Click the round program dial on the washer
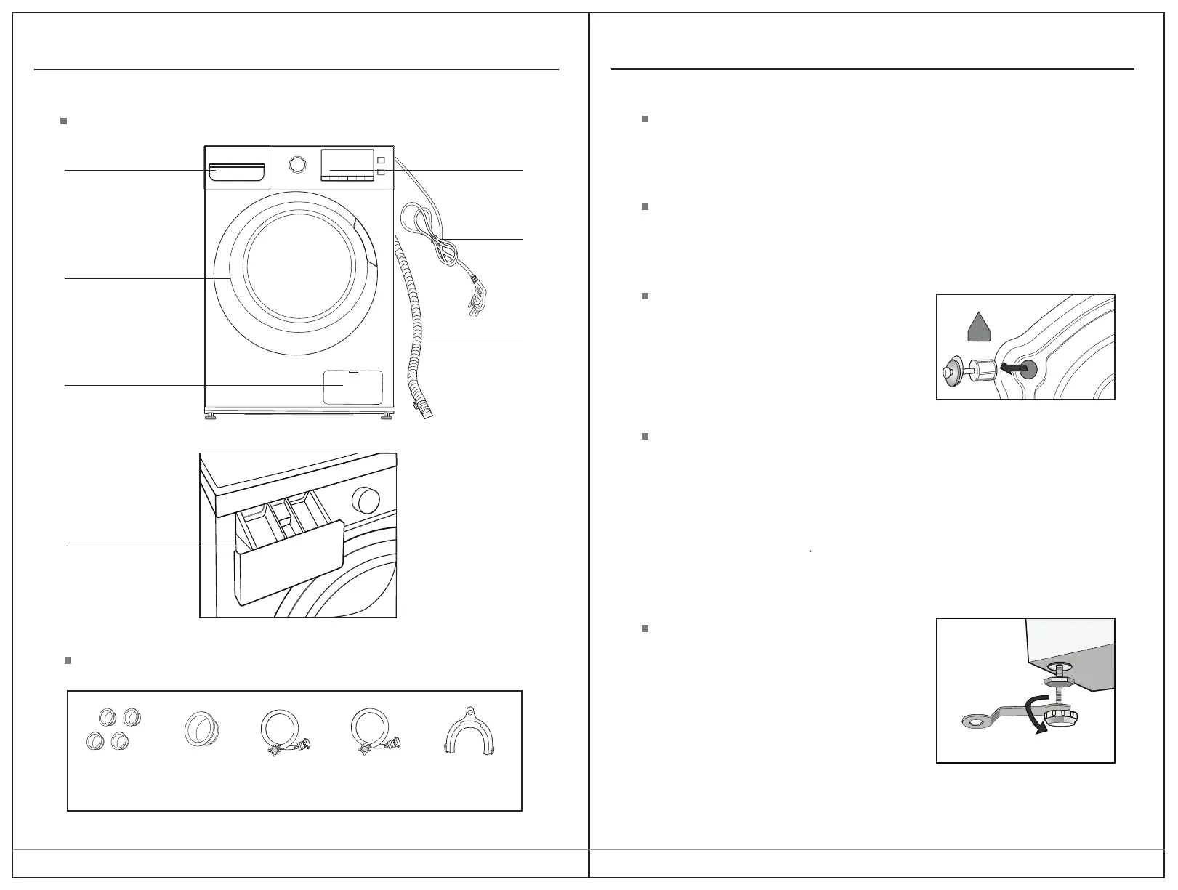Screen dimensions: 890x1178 pyautogui.click(x=297, y=164)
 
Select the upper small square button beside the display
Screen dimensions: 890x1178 pyautogui.click(x=380, y=159)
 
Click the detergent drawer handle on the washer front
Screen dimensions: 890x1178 pyautogui.click(x=235, y=173)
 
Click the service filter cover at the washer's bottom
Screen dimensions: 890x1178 pyautogui.click(x=352, y=387)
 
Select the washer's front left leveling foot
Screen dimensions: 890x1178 pyautogui.click(x=211, y=417)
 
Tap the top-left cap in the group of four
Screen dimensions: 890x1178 pyautogui.click(x=108, y=717)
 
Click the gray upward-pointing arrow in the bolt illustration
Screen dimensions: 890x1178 pyautogui.click(x=979, y=326)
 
